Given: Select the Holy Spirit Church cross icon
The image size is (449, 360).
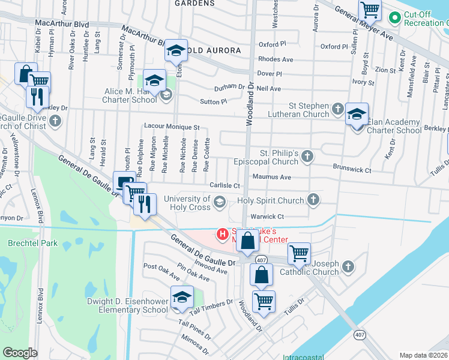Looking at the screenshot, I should pyautogui.click(x=313, y=199).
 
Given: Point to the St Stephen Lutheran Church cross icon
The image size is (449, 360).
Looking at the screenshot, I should pyautogui.click(x=337, y=109).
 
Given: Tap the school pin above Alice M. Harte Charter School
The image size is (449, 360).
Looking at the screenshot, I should pyautogui.click(x=154, y=80).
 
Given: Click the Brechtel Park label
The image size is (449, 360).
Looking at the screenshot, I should pyautogui.click(x=24, y=244).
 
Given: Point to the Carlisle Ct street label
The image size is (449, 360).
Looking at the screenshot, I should pyautogui.click(x=224, y=186).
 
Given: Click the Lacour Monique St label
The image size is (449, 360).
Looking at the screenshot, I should pyautogui.click(x=171, y=127).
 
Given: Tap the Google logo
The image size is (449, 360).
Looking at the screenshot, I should pyautogui.click(x=20, y=353).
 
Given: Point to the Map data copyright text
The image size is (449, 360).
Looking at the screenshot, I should pyautogui.click(x=423, y=355).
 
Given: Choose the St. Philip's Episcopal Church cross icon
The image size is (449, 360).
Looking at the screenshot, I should pyautogui.click(x=307, y=157).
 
